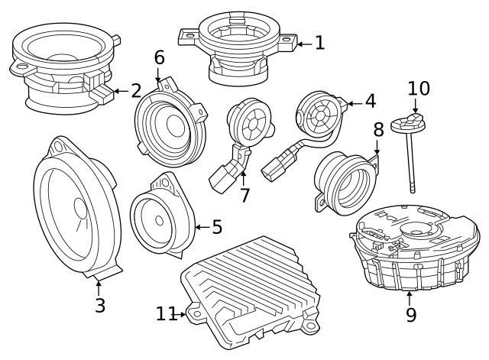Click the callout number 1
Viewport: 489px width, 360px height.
(319, 43)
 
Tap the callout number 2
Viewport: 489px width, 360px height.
(136, 92)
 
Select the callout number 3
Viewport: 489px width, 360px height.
(100, 306)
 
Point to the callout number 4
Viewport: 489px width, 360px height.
(370, 101)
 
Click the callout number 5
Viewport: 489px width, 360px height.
(217, 227)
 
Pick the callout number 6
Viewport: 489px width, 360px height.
(159, 57)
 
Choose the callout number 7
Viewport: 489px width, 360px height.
(244, 195)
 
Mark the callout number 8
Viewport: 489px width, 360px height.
(378, 131)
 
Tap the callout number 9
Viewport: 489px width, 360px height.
(410, 314)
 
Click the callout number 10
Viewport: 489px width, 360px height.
(419, 89)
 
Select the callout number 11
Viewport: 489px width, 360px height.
(166, 313)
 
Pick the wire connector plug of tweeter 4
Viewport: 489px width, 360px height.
(276, 164)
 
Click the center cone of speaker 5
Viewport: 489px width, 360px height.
(158, 220)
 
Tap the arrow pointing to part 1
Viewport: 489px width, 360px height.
(303, 44)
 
